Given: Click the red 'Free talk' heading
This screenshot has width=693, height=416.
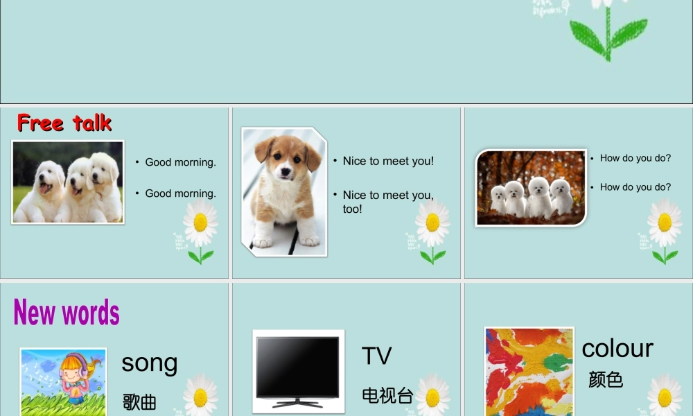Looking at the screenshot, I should (64, 123).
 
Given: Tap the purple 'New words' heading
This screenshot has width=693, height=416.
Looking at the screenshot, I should (67, 313).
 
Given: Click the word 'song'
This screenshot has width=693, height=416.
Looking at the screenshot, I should (150, 363).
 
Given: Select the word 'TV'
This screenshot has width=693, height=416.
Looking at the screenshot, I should (377, 356).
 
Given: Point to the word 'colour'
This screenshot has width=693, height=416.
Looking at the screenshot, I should (617, 348).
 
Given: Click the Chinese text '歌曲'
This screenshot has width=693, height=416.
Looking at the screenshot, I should (139, 401).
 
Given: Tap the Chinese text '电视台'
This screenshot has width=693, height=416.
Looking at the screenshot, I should (387, 396).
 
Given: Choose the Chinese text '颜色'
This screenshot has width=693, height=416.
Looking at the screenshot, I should (606, 380).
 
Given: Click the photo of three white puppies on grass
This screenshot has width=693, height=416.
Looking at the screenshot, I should (68, 182).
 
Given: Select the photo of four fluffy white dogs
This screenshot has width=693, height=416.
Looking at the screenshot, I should (531, 188).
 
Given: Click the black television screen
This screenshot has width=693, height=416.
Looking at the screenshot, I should (298, 367).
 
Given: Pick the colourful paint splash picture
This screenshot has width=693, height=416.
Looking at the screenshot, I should (529, 372).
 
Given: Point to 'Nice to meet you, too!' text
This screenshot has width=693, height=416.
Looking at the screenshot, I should (388, 202).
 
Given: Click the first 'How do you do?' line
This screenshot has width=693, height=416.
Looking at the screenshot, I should (635, 158).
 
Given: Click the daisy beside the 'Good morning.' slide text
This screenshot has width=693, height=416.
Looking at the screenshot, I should (200, 223).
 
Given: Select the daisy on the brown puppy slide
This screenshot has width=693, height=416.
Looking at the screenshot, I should (432, 223).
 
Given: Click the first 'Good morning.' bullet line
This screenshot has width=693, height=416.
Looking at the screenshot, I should (180, 162).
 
